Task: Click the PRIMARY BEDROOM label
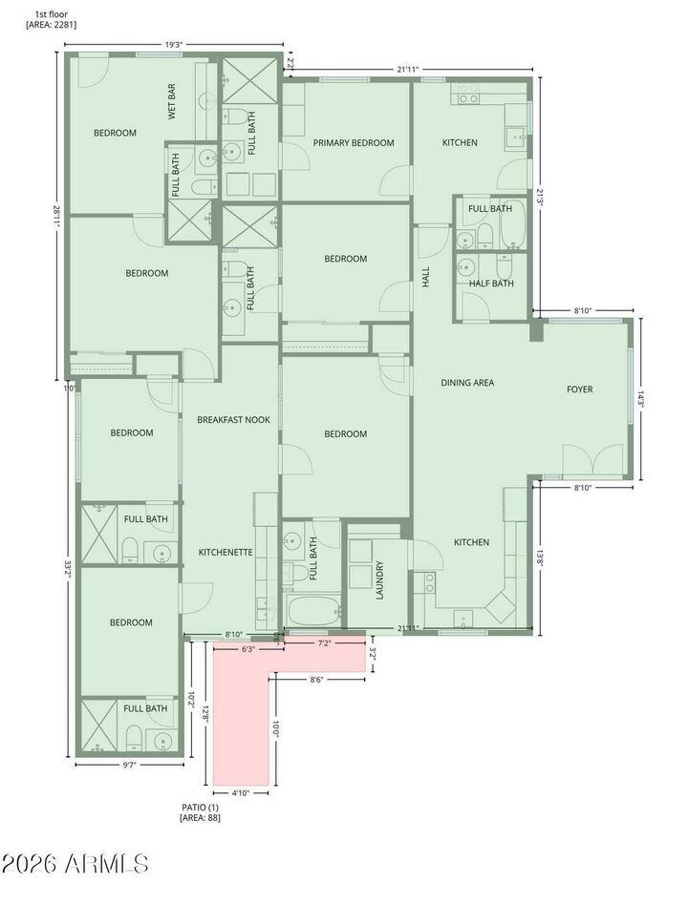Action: [x=354, y=143]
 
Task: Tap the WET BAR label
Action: [x=172, y=102]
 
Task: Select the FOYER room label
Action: [x=579, y=389]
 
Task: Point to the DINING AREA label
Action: [x=467, y=383]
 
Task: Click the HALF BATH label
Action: [x=491, y=284]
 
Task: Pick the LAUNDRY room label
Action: [x=379, y=579]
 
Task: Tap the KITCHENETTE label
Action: [x=226, y=552]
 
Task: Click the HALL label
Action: [x=426, y=278]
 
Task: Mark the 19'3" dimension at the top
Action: [x=174, y=43]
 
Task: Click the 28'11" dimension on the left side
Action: [x=56, y=214]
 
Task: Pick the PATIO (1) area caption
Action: [x=201, y=812]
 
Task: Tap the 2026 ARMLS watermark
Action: [x=75, y=865]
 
